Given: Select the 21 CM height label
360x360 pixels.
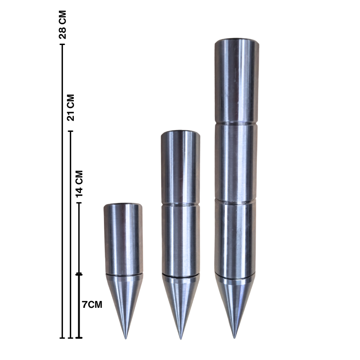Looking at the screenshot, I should click(70, 108).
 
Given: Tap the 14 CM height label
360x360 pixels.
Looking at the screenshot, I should click(79, 183).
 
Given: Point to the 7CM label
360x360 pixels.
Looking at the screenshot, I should click(92, 305).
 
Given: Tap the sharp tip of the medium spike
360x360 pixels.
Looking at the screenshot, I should click(180, 338).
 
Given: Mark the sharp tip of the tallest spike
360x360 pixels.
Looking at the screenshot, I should click(234, 337).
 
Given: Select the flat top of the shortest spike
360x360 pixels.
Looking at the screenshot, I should click(123, 206).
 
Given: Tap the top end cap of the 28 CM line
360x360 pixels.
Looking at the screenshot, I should click(63, 46).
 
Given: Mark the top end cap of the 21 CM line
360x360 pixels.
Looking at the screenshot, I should click(70, 131).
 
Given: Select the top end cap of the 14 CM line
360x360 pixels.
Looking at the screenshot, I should click(79, 203).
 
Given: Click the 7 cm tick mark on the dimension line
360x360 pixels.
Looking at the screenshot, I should click(79, 274).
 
